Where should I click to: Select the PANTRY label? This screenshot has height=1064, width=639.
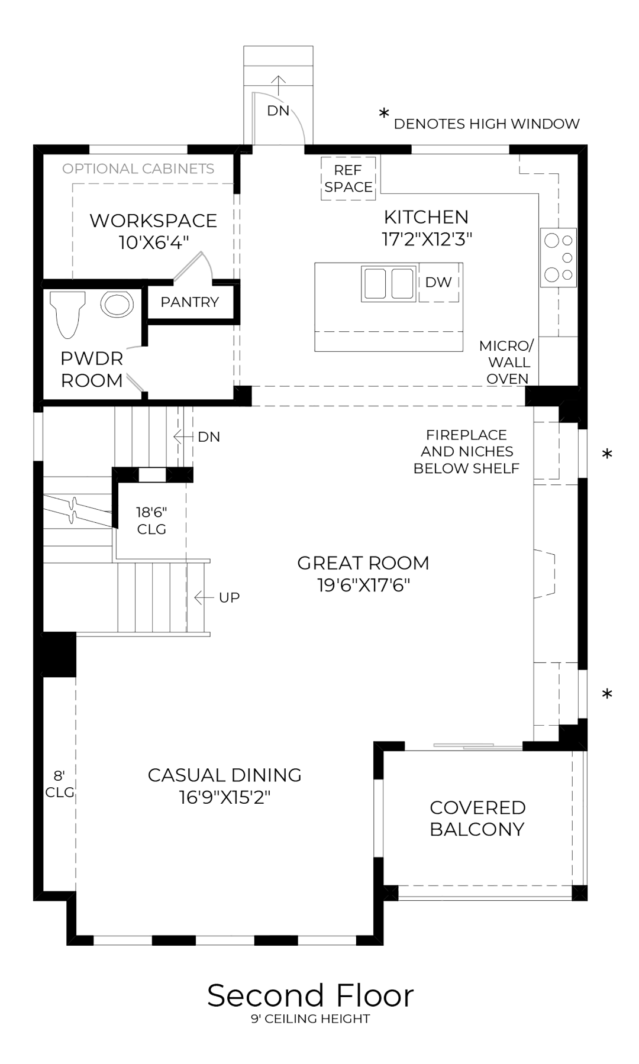[189, 302]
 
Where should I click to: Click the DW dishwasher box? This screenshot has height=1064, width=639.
[438, 283]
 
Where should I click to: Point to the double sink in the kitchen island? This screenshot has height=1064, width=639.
[388, 283]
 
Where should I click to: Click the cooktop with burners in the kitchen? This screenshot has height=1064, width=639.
[559, 257]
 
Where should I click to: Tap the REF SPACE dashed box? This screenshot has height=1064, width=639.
[348, 179]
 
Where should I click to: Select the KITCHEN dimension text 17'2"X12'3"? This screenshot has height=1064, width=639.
[427, 239]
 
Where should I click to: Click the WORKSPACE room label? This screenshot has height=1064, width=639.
[153, 221]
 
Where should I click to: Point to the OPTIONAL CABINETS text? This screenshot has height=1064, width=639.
[138, 169]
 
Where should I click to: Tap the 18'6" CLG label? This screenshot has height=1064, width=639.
[151, 520]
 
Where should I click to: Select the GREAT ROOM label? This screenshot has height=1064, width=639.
[363, 563]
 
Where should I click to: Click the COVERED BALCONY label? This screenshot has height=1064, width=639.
[477, 818]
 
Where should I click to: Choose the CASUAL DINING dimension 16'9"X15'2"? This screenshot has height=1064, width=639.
[225, 797]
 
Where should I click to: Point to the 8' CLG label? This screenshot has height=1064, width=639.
[59, 784]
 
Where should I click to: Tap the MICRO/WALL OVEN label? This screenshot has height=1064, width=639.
[507, 362]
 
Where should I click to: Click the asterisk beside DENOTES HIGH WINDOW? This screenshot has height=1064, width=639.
[385, 114]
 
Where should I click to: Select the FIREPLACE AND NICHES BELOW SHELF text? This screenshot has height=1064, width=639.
[466, 451]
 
